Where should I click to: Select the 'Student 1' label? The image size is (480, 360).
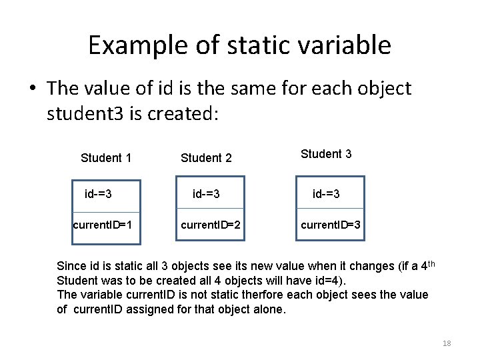tap(105, 158)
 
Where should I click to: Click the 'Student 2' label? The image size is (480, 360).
tap(206, 158)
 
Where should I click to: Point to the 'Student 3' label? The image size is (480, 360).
tap(326, 154)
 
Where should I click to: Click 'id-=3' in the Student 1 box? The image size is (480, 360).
tap(98, 194)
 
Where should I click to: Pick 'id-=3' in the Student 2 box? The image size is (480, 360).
tap(206, 194)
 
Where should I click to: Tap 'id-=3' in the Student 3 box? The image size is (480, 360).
tap(327, 194)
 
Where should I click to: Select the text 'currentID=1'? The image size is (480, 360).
tap(102, 225)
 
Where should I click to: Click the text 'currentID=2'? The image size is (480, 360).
tap(211, 225)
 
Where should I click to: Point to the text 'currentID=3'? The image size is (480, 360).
tap(331, 225)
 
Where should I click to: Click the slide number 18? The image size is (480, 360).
tap(447, 343)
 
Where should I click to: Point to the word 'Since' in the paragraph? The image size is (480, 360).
tap(71, 266)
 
